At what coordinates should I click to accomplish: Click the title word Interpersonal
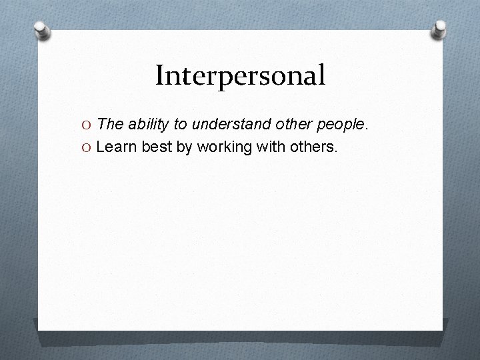pyautogui.click(x=240, y=76)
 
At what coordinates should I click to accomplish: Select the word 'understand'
pyautogui.click(x=225, y=124)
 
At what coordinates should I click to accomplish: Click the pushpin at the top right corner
pyautogui.click(x=440, y=29)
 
